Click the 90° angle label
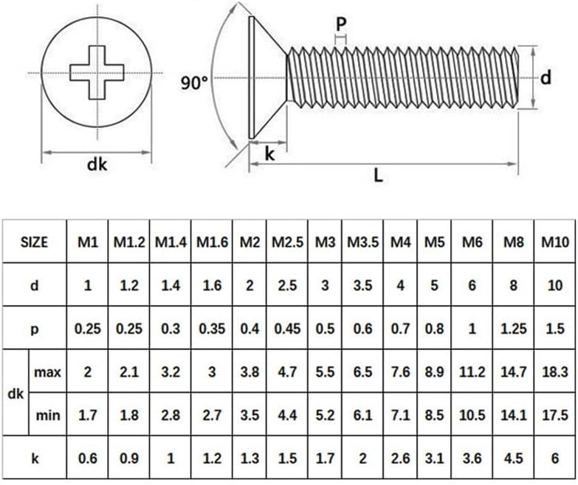(194, 83)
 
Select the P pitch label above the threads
(341, 24)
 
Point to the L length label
(378, 175)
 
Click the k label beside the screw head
(269, 154)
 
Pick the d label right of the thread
(546, 77)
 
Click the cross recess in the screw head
(97, 72)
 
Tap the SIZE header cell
(34, 242)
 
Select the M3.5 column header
(362, 242)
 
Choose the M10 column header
(555, 242)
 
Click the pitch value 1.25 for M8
(514, 329)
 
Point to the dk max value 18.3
(555, 372)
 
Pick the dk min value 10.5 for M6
(472, 415)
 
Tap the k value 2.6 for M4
(400, 458)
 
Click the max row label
(48, 372)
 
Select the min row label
(48, 415)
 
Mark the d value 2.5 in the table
(287, 285)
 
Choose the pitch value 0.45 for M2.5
(287, 329)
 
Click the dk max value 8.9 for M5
(435, 372)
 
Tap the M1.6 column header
(212, 242)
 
